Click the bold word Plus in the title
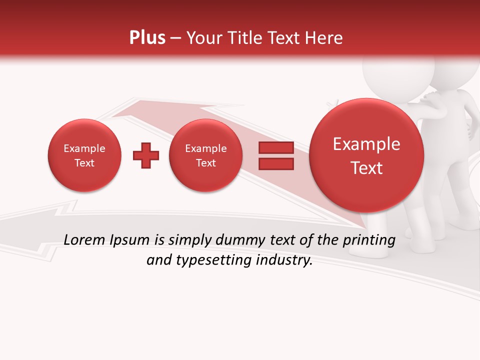coord(147,38)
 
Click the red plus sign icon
coord(145,155)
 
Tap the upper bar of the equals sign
coord(276,147)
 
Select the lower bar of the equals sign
coord(276,164)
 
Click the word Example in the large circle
coord(366,144)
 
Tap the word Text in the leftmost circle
coord(84,163)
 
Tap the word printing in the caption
coord(369,240)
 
